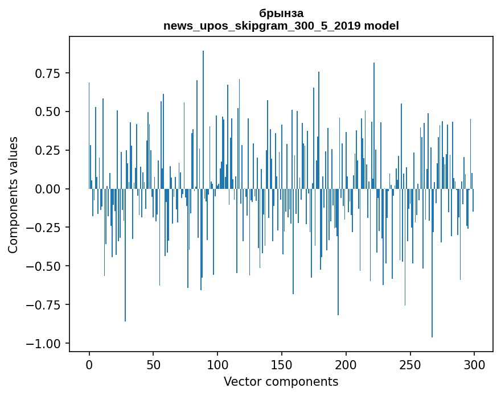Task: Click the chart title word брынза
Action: tap(281, 13)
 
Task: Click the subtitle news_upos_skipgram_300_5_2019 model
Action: tap(281, 26)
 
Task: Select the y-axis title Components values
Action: tap(13, 195)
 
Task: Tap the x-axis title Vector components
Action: tap(281, 382)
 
